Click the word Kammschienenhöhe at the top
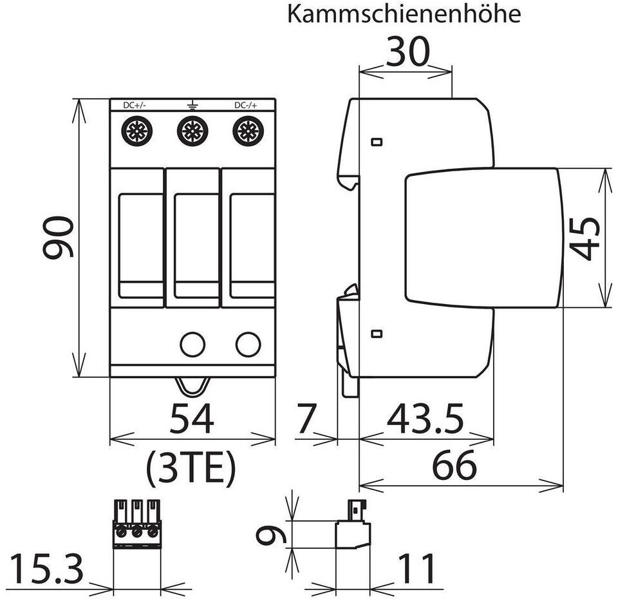click(404, 14)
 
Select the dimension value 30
click(407, 53)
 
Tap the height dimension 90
click(59, 238)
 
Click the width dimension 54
click(191, 421)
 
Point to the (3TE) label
click(191, 469)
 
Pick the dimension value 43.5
click(425, 421)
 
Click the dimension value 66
click(454, 465)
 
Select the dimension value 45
click(586, 238)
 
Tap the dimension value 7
click(307, 421)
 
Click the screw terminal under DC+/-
click(136, 131)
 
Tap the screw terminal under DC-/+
click(247, 131)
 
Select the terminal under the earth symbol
click(192, 131)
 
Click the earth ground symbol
click(191, 104)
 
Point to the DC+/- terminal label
click(135, 105)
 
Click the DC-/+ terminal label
click(247, 105)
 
